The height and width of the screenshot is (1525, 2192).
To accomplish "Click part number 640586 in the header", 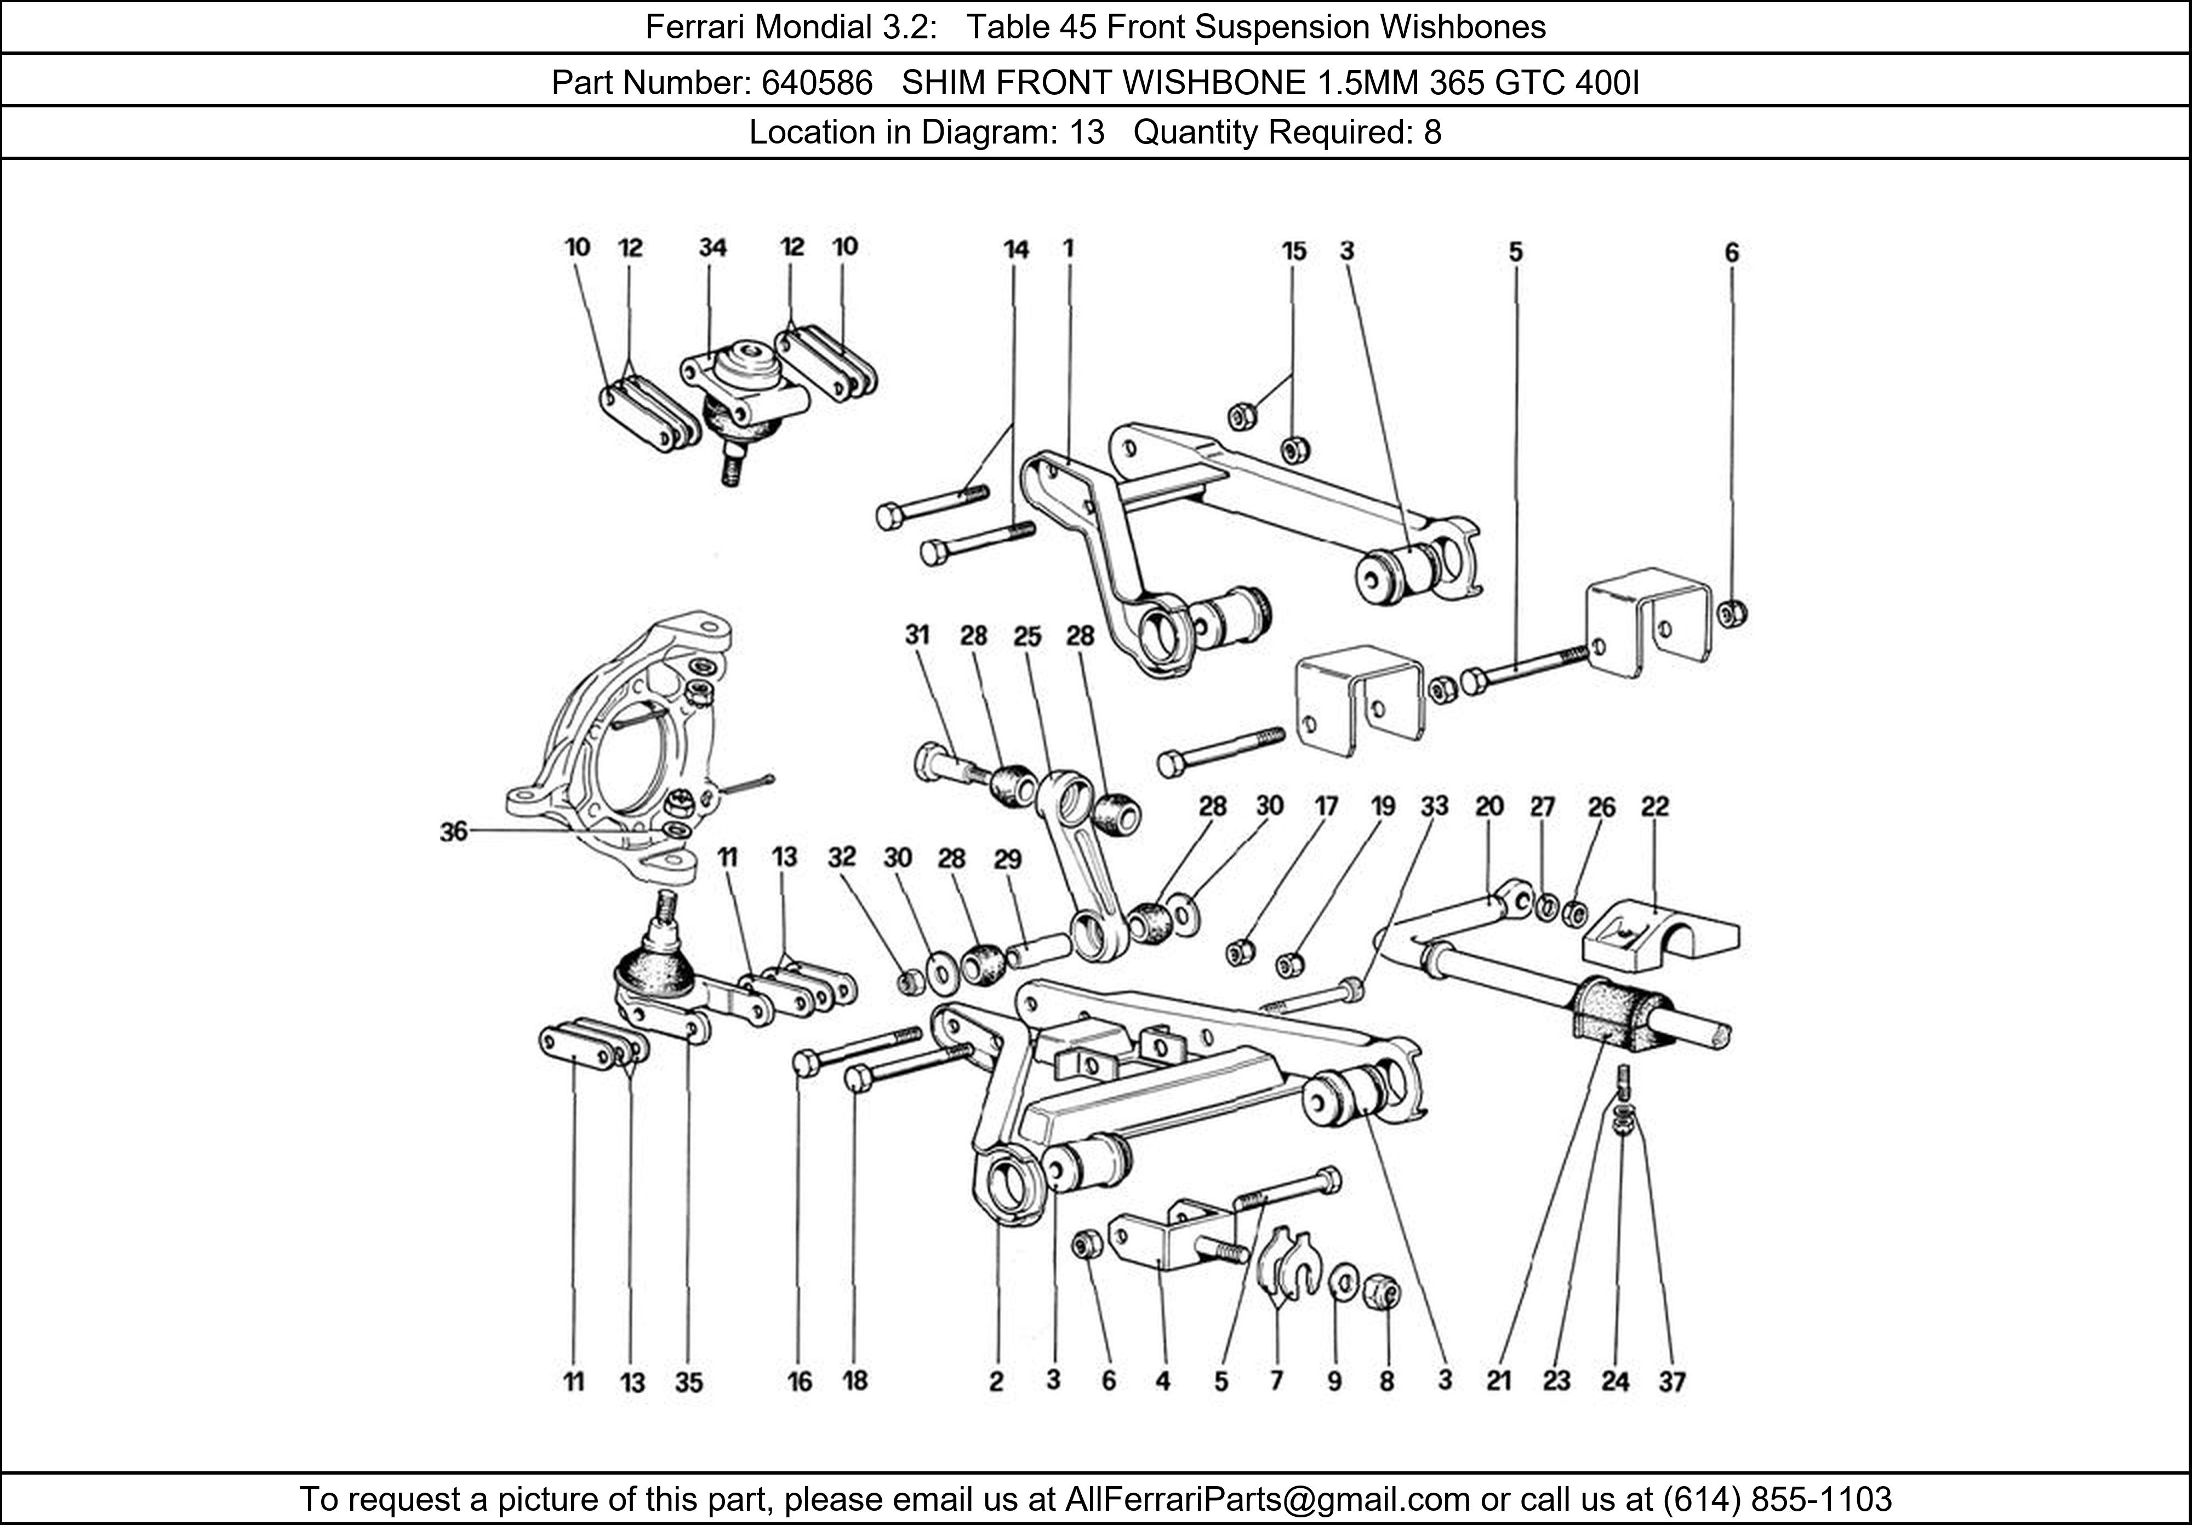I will (817, 84).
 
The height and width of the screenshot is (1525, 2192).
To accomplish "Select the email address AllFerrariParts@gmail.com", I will (1267, 1499).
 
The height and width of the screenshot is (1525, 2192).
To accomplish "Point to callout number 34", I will (712, 248).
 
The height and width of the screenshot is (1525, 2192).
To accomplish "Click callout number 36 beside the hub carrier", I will (454, 832).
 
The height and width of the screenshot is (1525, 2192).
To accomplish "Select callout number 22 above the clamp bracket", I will (1654, 807).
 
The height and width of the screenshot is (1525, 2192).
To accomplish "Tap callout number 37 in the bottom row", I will (1672, 1381).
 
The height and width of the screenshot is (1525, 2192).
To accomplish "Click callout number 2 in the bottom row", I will (996, 1381).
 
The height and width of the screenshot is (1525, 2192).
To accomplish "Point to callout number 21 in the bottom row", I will (1499, 1381).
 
